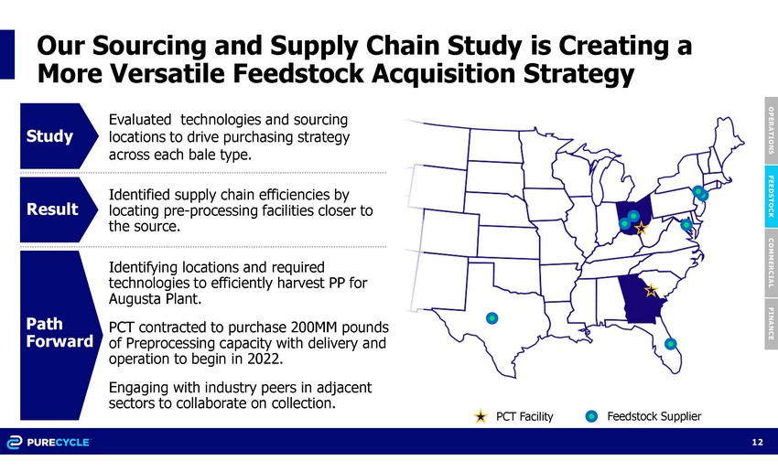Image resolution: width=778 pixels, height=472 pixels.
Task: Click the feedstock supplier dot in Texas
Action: tap(492, 317)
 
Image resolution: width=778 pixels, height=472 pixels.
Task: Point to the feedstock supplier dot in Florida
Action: tap(670, 344)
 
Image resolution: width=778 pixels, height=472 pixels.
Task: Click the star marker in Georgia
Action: tap(651, 290)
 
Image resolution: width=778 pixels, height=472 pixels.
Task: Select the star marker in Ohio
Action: tap(641, 228)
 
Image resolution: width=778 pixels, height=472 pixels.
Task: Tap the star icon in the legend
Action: tap(481, 416)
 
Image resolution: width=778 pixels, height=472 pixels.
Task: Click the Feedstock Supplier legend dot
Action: tap(591, 416)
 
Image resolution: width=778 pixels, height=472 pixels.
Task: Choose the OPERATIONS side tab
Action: tap(771, 131)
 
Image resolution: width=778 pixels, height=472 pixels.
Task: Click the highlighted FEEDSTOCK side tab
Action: tap(771, 197)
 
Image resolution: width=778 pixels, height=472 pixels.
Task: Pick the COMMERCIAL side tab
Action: tap(771, 263)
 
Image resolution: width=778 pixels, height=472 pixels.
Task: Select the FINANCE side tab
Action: tap(771, 324)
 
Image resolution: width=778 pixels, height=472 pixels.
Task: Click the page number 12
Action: tap(758, 442)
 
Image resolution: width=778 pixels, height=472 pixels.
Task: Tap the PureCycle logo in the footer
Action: tap(49, 442)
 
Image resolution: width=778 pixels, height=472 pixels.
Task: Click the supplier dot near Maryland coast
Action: tap(686, 225)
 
